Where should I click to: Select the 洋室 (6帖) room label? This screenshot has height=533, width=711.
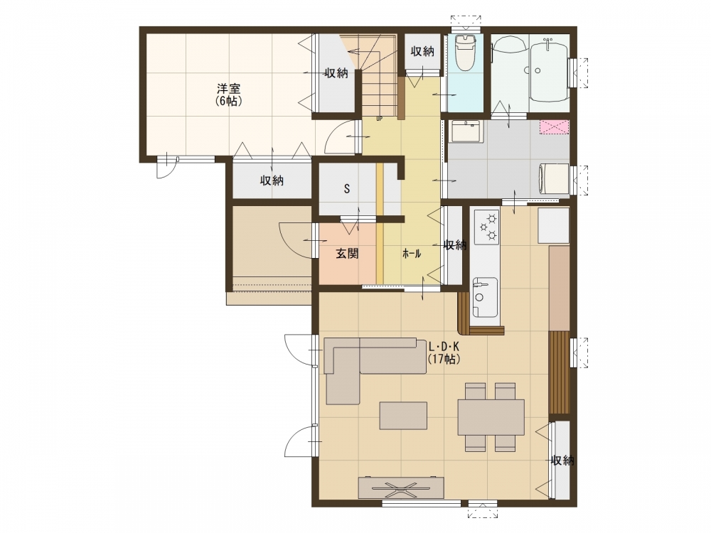click(x=228, y=95)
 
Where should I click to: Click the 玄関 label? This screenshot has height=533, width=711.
click(x=348, y=254)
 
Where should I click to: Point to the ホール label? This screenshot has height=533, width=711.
click(x=412, y=254)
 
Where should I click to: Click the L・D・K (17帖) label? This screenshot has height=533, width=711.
click(x=444, y=353)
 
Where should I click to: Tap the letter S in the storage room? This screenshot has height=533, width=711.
click(x=347, y=188)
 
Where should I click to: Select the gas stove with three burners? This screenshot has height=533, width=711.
click(x=486, y=226)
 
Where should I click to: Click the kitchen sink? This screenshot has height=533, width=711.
click(x=485, y=297)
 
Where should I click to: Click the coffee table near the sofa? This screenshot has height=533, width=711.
click(x=403, y=416)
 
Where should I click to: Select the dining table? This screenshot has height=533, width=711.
click(x=491, y=417)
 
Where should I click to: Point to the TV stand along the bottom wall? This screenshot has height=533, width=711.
click(x=401, y=488)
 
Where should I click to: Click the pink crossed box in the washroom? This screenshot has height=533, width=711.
click(x=554, y=127)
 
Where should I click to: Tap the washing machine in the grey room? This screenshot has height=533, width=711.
click(x=553, y=179)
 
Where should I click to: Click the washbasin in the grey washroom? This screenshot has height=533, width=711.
click(x=466, y=131)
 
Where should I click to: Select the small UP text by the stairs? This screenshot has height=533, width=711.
click(x=379, y=119)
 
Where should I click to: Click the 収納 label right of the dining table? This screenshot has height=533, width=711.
click(x=562, y=461)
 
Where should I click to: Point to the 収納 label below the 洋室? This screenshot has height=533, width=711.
click(x=272, y=181)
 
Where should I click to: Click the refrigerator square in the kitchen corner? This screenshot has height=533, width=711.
click(x=553, y=226)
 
